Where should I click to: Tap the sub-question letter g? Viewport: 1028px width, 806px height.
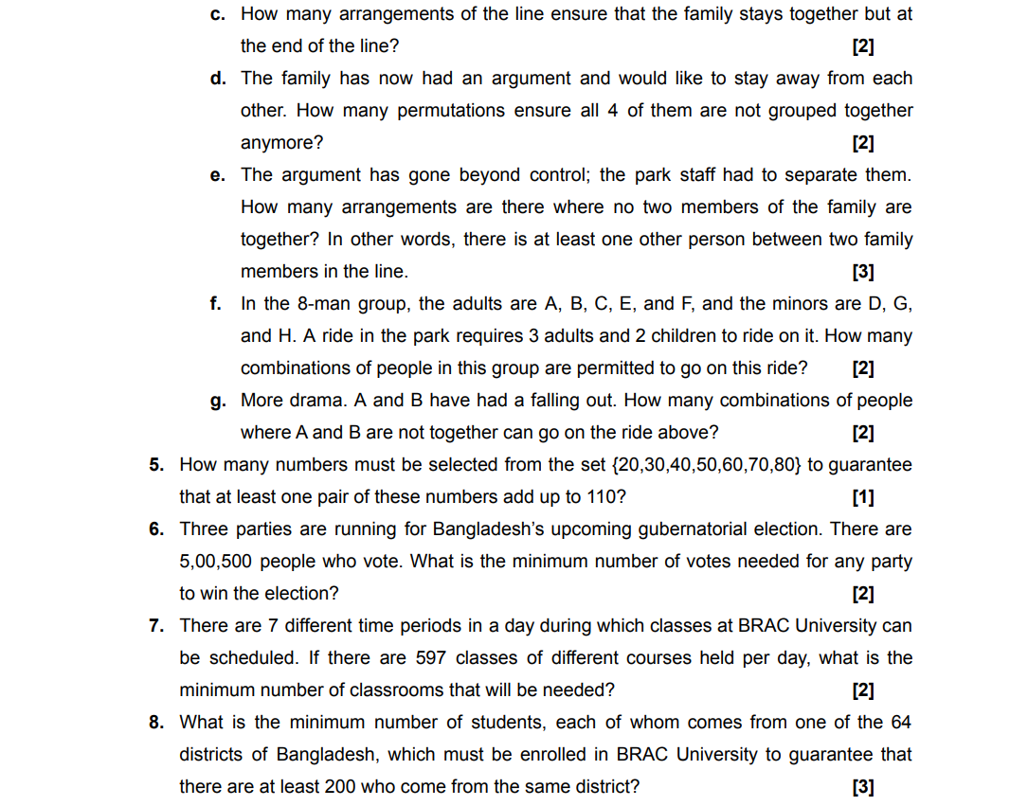coord(217,401)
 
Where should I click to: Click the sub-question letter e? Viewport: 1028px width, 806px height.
coord(217,175)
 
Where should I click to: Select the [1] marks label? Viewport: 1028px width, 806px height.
coord(862,497)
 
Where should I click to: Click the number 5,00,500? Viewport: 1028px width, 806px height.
coord(215,562)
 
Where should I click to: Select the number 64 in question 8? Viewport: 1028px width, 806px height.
coord(900,723)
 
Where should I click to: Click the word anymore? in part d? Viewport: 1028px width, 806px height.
coord(281,143)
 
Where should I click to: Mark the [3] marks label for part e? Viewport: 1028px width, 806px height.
coord(862,272)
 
